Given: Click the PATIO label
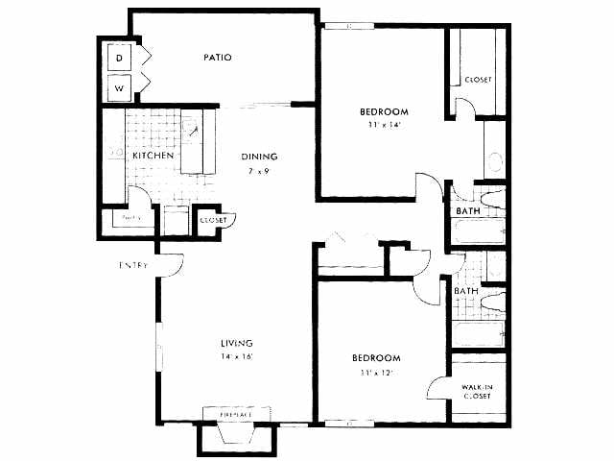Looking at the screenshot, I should [x=218, y=58].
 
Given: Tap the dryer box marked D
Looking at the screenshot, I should [x=120, y=59].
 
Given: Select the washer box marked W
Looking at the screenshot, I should [x=120, y=87].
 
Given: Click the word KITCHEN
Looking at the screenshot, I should [x=153, y=156].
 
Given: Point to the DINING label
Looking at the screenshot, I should [x=259, y=158].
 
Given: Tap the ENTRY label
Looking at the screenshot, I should [x=132, y=265].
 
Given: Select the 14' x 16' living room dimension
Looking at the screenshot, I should [x=235, y=357].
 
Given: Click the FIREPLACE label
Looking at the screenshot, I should [x=234, y=414].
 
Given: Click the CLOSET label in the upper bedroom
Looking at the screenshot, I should [x=478, y=80].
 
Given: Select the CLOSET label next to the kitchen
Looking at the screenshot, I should [x=213, y=220].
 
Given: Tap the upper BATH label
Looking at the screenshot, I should [x=468, y=210].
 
